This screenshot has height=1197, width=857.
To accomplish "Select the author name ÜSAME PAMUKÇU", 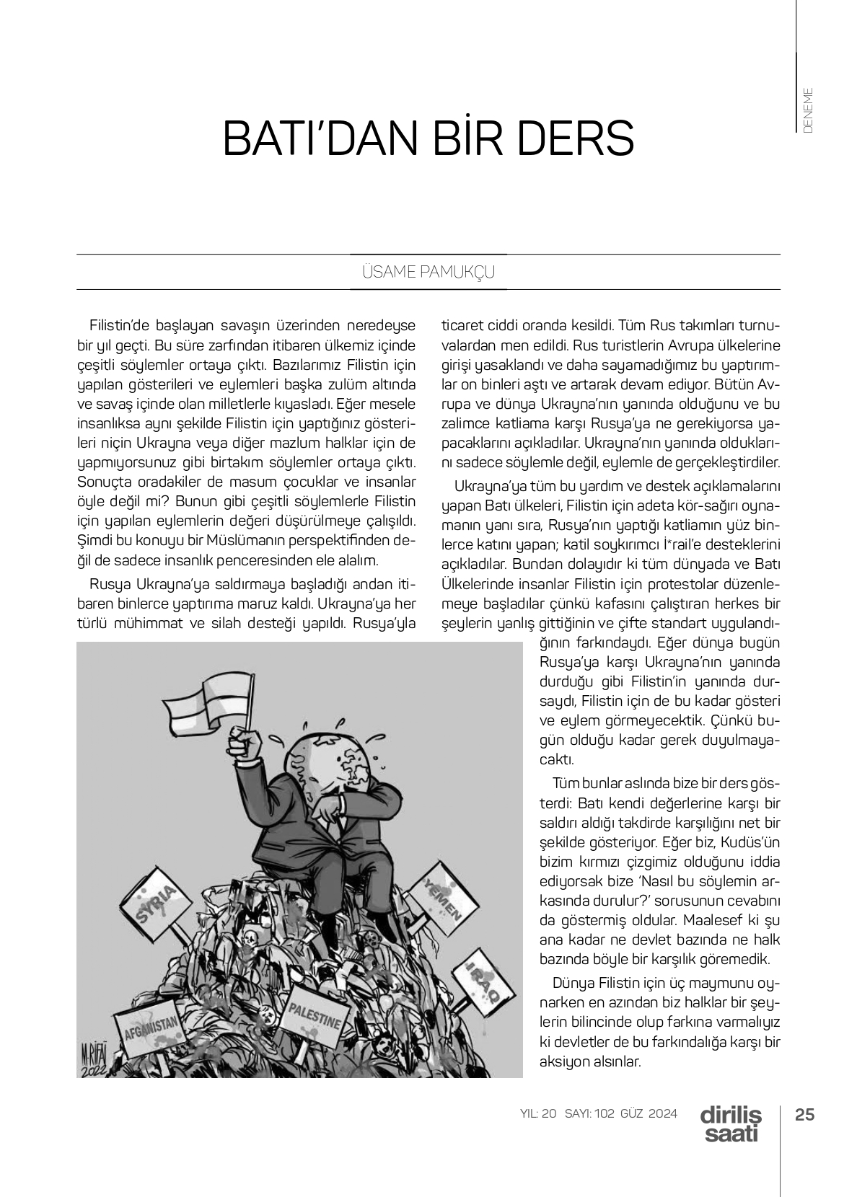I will (x=428, y=273).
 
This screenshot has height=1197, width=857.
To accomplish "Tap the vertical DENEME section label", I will (x=808, y=110).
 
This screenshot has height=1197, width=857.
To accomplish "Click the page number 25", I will (x=804, y=1114).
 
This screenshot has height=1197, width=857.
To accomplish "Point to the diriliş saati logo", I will (x=731, y=1123).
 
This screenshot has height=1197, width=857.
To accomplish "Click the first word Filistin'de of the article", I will (x=119, y=325).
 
